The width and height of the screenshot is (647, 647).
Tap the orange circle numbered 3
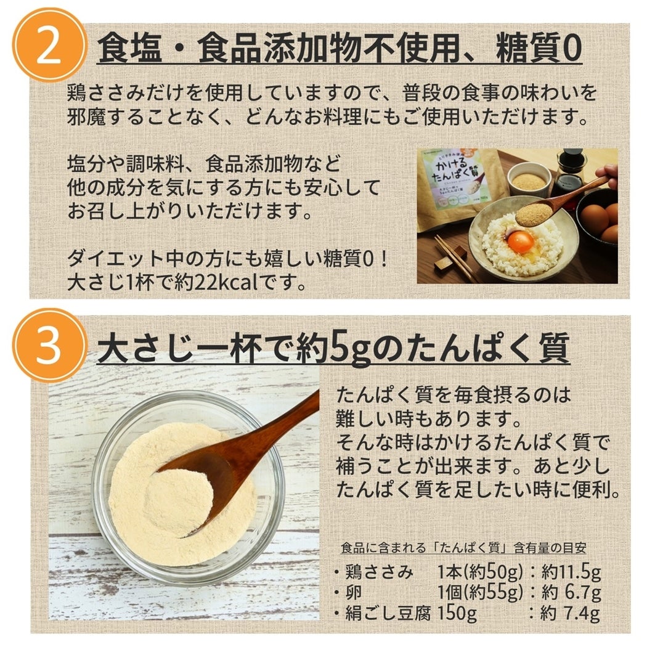pyautogui.click(x=49, y=344)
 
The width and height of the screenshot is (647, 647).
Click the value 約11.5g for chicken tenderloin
pyautogui.click(x=571, y=572)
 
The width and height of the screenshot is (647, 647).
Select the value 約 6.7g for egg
pyautogui.click(x=571, y=593)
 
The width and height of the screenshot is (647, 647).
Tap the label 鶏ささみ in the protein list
pyautogui.click(x=379, y=572)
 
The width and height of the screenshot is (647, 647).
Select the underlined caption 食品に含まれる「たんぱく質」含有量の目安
pyautogui.click(x=463, y=548)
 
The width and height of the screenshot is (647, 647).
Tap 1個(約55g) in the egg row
pyautogui.click(x=480, y=593)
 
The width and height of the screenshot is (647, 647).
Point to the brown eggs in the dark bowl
pyautogui.click(x=600, y=219)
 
